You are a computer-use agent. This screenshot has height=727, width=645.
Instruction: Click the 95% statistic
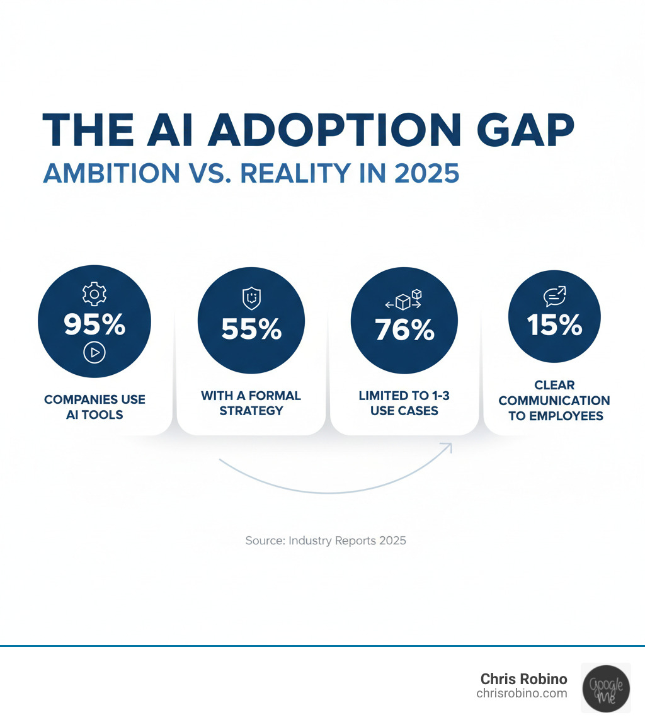(x=94, y=324)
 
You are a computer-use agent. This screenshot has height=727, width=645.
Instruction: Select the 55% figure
(x=251, y=328)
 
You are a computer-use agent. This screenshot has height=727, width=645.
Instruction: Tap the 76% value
(x=404, y=329)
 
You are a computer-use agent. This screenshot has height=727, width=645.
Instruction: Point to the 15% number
(x=554, y=324)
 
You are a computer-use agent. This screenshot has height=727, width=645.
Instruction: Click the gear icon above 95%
(x=94, y=294)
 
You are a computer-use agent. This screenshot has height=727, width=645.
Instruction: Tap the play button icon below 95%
(x=94, y=353)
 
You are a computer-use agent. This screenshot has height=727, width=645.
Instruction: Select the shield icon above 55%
(x=251, y=298)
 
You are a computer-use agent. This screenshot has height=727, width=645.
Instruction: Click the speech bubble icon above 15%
(x=554, y=296)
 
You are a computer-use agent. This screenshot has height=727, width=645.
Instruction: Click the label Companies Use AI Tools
(x=94, y=408)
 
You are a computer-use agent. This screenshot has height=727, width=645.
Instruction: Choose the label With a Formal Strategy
(x=251, y=403)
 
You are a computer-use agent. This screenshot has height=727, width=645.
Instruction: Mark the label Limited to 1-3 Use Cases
(x=404, y=403)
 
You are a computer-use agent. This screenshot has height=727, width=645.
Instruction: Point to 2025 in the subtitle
(x=426, y=173)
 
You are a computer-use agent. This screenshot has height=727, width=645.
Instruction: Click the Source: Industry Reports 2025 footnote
(x=326, y=541)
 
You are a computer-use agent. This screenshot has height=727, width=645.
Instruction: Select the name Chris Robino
(x=523, y=679)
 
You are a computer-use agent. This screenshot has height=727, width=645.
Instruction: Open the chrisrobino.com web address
(x=522, y=694)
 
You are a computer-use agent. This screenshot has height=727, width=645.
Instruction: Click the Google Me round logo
(x=605, y=687)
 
